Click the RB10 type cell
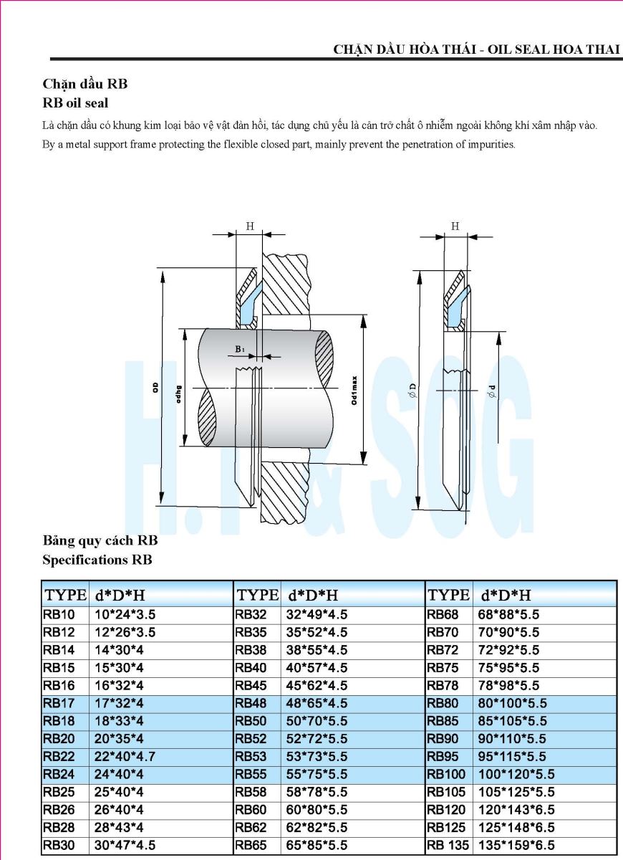coord(58,615)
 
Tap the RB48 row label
coord(251,704)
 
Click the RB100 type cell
coord(446,775)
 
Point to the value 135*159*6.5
coord(516,846)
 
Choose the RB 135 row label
coord(448,846)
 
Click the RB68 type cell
coord(443,615)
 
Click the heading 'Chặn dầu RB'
coord(85,84)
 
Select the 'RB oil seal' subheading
coord(75,103)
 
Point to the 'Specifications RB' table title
coord(97,559)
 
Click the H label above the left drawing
coord(249,226)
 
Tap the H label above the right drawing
coord(455,226)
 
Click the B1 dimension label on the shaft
coord(240,349)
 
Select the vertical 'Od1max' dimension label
coord(354,391)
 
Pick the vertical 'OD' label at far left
coord(155,387)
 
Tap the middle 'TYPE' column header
coord(258,595)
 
